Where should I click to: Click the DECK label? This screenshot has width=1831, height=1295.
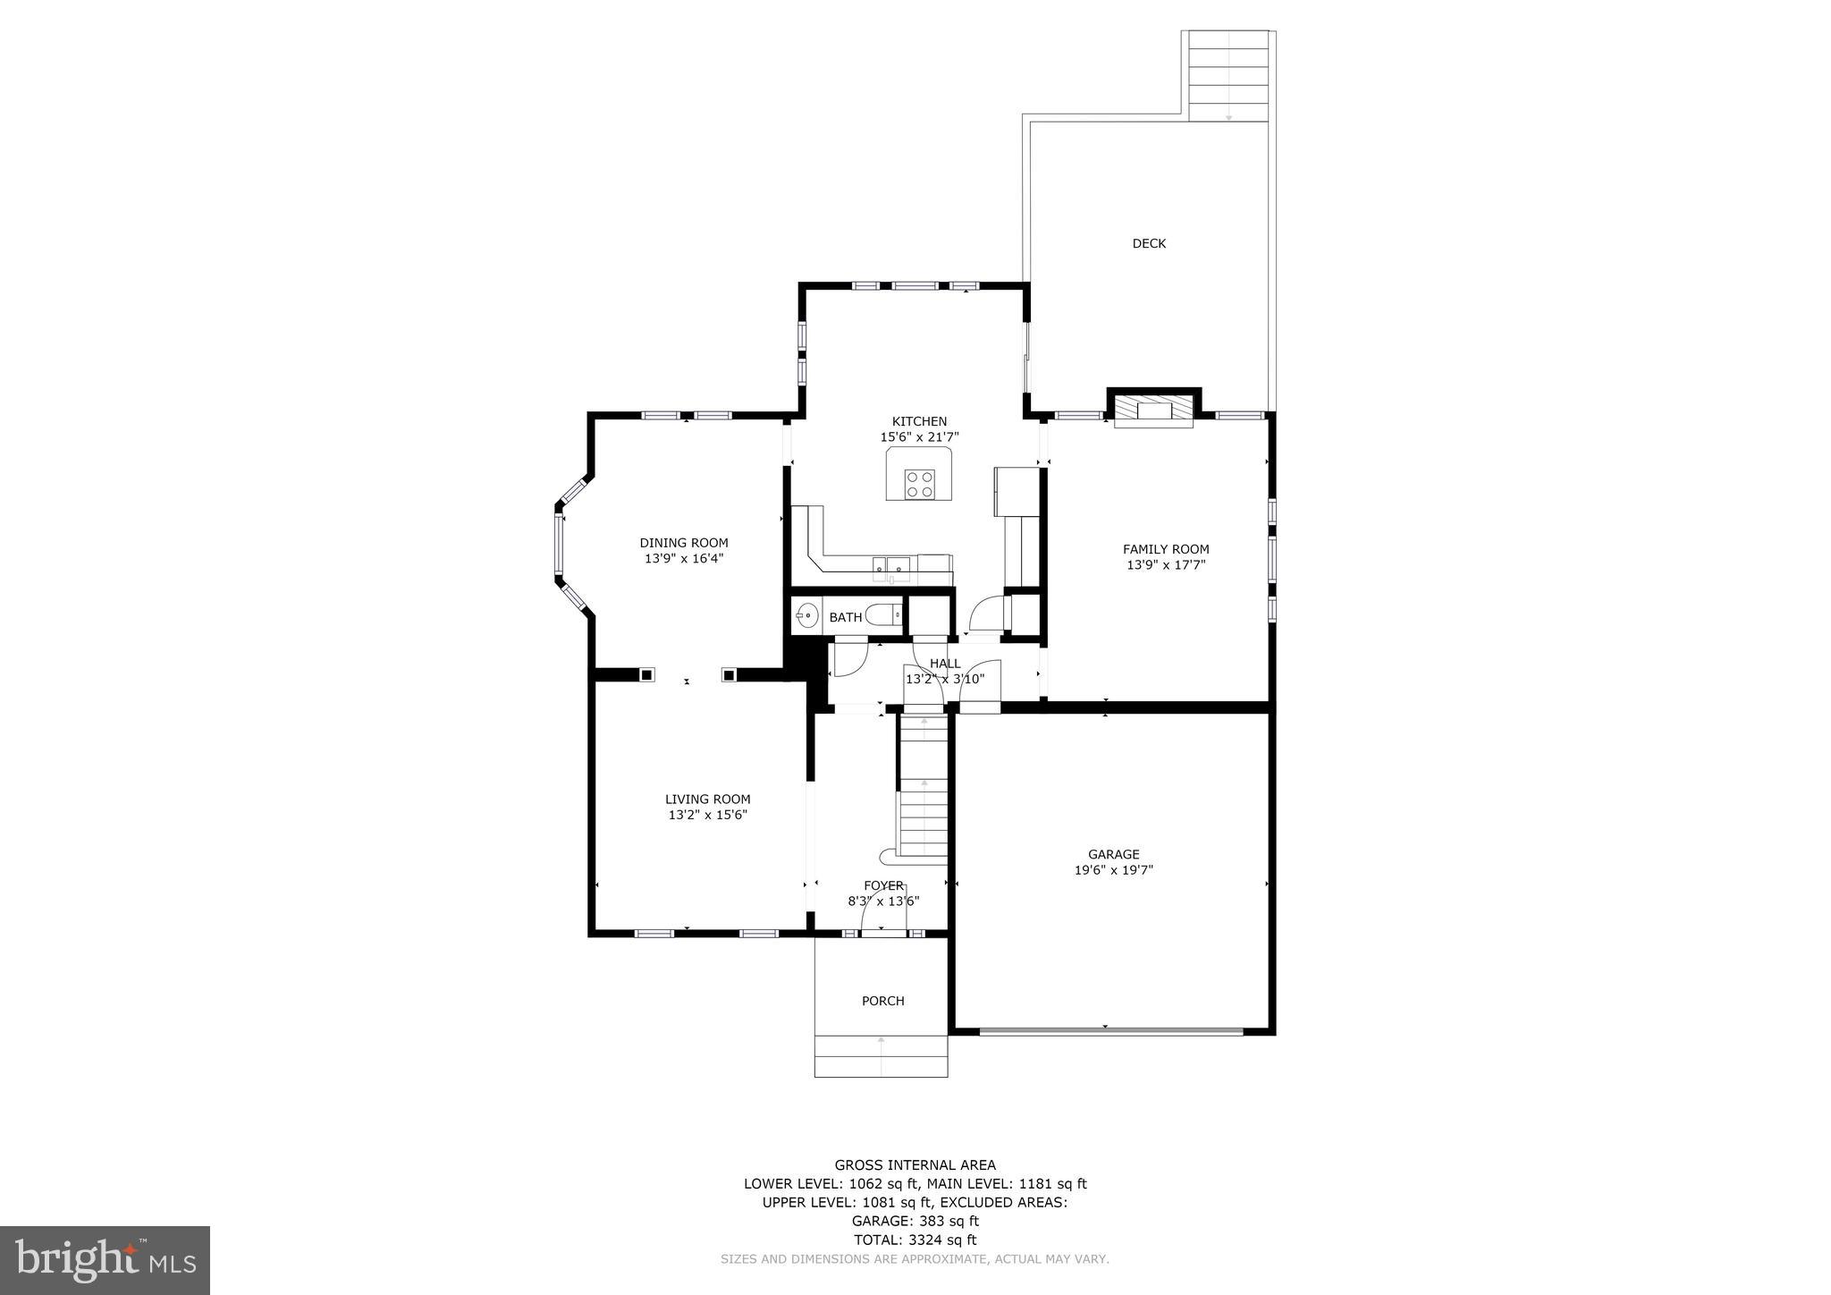1148,243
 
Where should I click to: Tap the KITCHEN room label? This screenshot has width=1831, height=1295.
918,421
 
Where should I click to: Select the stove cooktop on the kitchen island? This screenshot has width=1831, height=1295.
919,484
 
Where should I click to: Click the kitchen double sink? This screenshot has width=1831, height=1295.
891,564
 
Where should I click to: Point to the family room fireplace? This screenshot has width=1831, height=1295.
1153,411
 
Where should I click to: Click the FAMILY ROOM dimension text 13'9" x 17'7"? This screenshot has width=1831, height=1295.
1165,565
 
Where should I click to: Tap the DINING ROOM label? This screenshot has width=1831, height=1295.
683,543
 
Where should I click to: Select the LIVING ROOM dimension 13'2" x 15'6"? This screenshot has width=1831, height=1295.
707,815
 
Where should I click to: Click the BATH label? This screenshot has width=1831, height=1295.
845,617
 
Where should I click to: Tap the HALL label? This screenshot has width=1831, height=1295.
944,664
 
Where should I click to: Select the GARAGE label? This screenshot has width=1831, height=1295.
1113,854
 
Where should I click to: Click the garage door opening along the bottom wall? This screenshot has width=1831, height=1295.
1110,1031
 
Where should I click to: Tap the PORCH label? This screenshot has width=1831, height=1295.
882,1001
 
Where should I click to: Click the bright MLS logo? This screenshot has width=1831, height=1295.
105,1260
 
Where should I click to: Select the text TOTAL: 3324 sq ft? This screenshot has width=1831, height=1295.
915,1240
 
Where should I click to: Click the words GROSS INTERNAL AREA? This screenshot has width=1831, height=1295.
915,1164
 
